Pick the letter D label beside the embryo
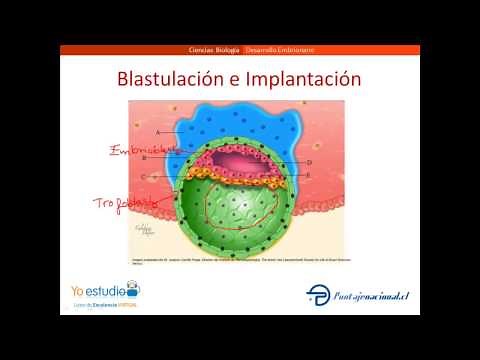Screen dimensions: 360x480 310,161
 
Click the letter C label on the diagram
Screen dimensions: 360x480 144,176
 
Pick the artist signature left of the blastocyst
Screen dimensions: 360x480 150,232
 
